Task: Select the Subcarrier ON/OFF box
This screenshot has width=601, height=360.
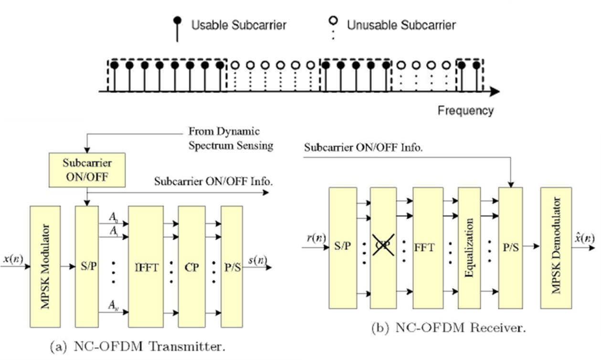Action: click(x=86, y=170)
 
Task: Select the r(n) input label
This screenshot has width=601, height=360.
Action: click(x=314, y=238)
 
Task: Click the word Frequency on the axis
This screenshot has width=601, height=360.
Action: click(x=465, y=111)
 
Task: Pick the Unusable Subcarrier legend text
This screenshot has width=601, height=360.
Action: click(x=401, y=25)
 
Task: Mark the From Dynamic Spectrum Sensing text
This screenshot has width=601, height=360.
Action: click(x=231, y=138)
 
